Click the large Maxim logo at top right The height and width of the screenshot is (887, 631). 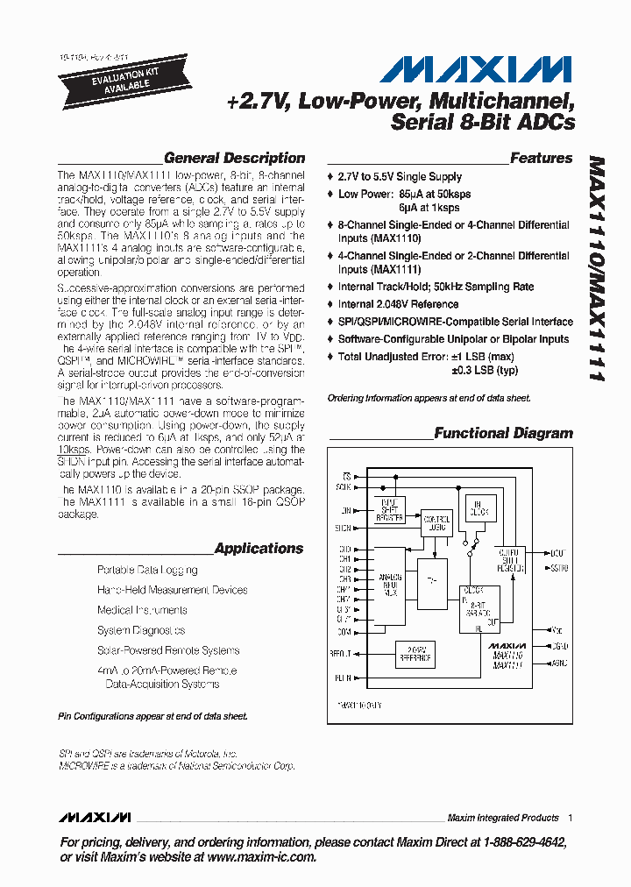coord(479,69)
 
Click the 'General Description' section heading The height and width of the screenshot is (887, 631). coord(234,159)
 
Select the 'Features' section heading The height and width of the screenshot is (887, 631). coord(541,159)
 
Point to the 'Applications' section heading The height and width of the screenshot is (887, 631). coord(259,549)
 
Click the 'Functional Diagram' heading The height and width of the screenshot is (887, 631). coord(503,433)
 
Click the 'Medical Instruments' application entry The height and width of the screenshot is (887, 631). coord(142,610)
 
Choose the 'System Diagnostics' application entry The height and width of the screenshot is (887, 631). coord(141,630)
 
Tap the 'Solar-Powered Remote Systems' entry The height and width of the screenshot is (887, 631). coord(168,650)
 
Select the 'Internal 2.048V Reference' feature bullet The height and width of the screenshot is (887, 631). coord(398,304)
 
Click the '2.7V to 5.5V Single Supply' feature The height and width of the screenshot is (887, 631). coord(400,177)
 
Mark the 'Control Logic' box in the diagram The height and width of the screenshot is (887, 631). coord(435,522)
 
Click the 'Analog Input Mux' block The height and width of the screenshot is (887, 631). coord(392,584)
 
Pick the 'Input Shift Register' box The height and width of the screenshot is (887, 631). coord(386,513)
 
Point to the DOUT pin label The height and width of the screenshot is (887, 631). coord(557,553)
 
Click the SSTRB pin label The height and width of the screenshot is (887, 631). coord(559,569)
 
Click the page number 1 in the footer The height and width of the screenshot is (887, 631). coord(571,818)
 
